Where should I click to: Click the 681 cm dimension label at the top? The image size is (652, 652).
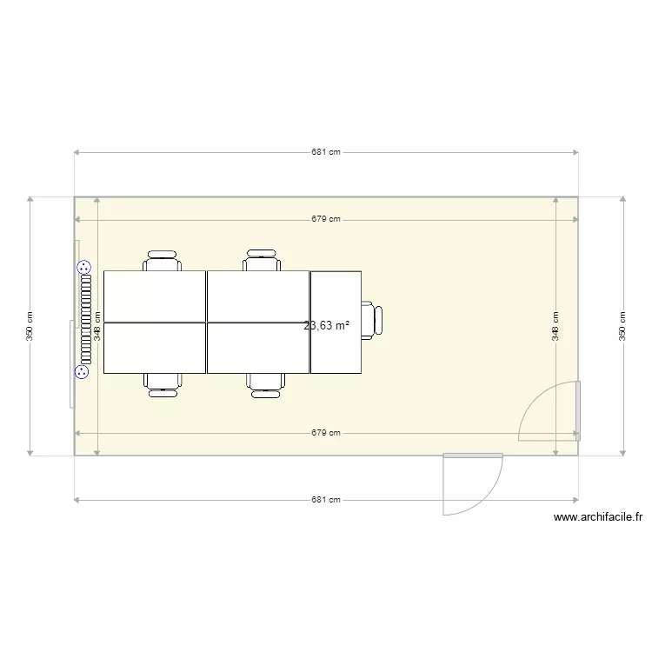pos(326,152)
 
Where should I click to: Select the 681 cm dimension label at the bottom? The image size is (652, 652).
pos(326,500)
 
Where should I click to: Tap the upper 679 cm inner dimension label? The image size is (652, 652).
pos(326,219)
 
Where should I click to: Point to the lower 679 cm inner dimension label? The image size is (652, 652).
pos(326,433)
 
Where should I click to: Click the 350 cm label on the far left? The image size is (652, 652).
pos(30,326)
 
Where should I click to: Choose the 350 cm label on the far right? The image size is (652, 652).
pos(622,326)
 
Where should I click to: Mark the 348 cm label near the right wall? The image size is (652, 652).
pos(556,326)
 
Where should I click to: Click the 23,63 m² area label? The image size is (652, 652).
pos(327,326)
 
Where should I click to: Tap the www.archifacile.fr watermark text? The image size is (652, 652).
pos(598,517)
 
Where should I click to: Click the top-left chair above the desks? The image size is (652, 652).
pos(163,261)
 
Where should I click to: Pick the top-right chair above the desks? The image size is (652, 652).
pos(262,261)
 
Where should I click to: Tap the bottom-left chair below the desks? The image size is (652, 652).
pos(163,384)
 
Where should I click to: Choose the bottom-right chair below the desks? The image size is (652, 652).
pos(265,384)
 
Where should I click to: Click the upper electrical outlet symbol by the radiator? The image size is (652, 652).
pos(83,268)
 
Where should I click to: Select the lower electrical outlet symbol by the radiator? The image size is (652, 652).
pos(83,372)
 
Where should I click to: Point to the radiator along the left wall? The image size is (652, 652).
pos(86,320)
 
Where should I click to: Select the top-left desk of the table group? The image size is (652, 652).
pos(155,296)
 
